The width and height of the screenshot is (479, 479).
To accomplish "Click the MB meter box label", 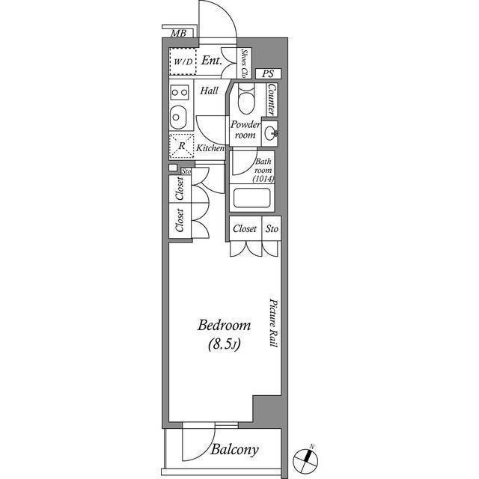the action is tap(178, 33).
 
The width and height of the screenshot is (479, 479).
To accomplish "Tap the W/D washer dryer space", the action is tap(183, 61).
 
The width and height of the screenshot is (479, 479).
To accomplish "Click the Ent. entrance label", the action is tap(211, 61).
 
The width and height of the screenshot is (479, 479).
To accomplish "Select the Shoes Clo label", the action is tap(245, 63).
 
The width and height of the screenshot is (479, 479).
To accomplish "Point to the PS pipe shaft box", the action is tap(268, 73).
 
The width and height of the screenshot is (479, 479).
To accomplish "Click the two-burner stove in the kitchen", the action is tap(180, 92).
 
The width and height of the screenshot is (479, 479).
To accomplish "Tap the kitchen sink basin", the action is tap(178, 118).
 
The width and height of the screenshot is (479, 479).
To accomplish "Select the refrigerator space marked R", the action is tap(182, 146).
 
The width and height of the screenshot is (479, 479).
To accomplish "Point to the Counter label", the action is tap(271, 99).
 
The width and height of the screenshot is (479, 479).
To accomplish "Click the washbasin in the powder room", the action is tap(271, 133).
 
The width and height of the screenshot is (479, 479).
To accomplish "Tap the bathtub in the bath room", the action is tap(252, 198).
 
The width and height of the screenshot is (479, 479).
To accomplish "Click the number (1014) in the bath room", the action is tap(263, 179).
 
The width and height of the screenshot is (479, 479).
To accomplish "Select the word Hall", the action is tap(210, 91).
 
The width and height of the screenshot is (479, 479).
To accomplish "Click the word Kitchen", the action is tap(210, 148).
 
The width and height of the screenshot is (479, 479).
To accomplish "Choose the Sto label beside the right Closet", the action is tap(272, 228).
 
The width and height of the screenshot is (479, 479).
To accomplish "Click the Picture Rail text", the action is tap(273, 323).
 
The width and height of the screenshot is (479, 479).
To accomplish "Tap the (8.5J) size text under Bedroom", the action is tap(225, 344).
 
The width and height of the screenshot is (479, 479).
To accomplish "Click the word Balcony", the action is tap(234, 450).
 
